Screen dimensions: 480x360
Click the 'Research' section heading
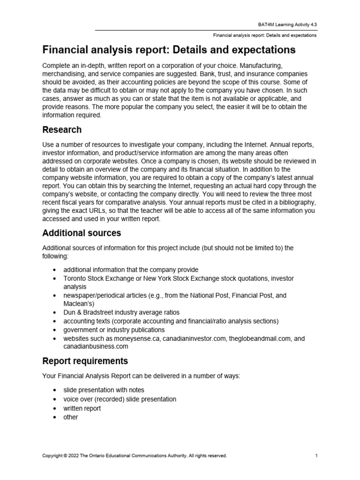(62, 130)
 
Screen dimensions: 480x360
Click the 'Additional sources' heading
(82, 233)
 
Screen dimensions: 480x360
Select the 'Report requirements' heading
(85, 361)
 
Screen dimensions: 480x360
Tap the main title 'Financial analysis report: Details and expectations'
(169, 50)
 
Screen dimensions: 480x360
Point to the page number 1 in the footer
(317, 455)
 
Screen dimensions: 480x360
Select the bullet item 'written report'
(82, 408)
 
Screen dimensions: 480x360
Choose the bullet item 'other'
(71, 417)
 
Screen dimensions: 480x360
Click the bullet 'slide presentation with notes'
(104, 390)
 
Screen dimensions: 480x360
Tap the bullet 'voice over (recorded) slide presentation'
(120, 399)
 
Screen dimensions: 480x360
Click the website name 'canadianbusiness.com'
(96, 346)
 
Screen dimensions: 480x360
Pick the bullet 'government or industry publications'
(114, 330)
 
